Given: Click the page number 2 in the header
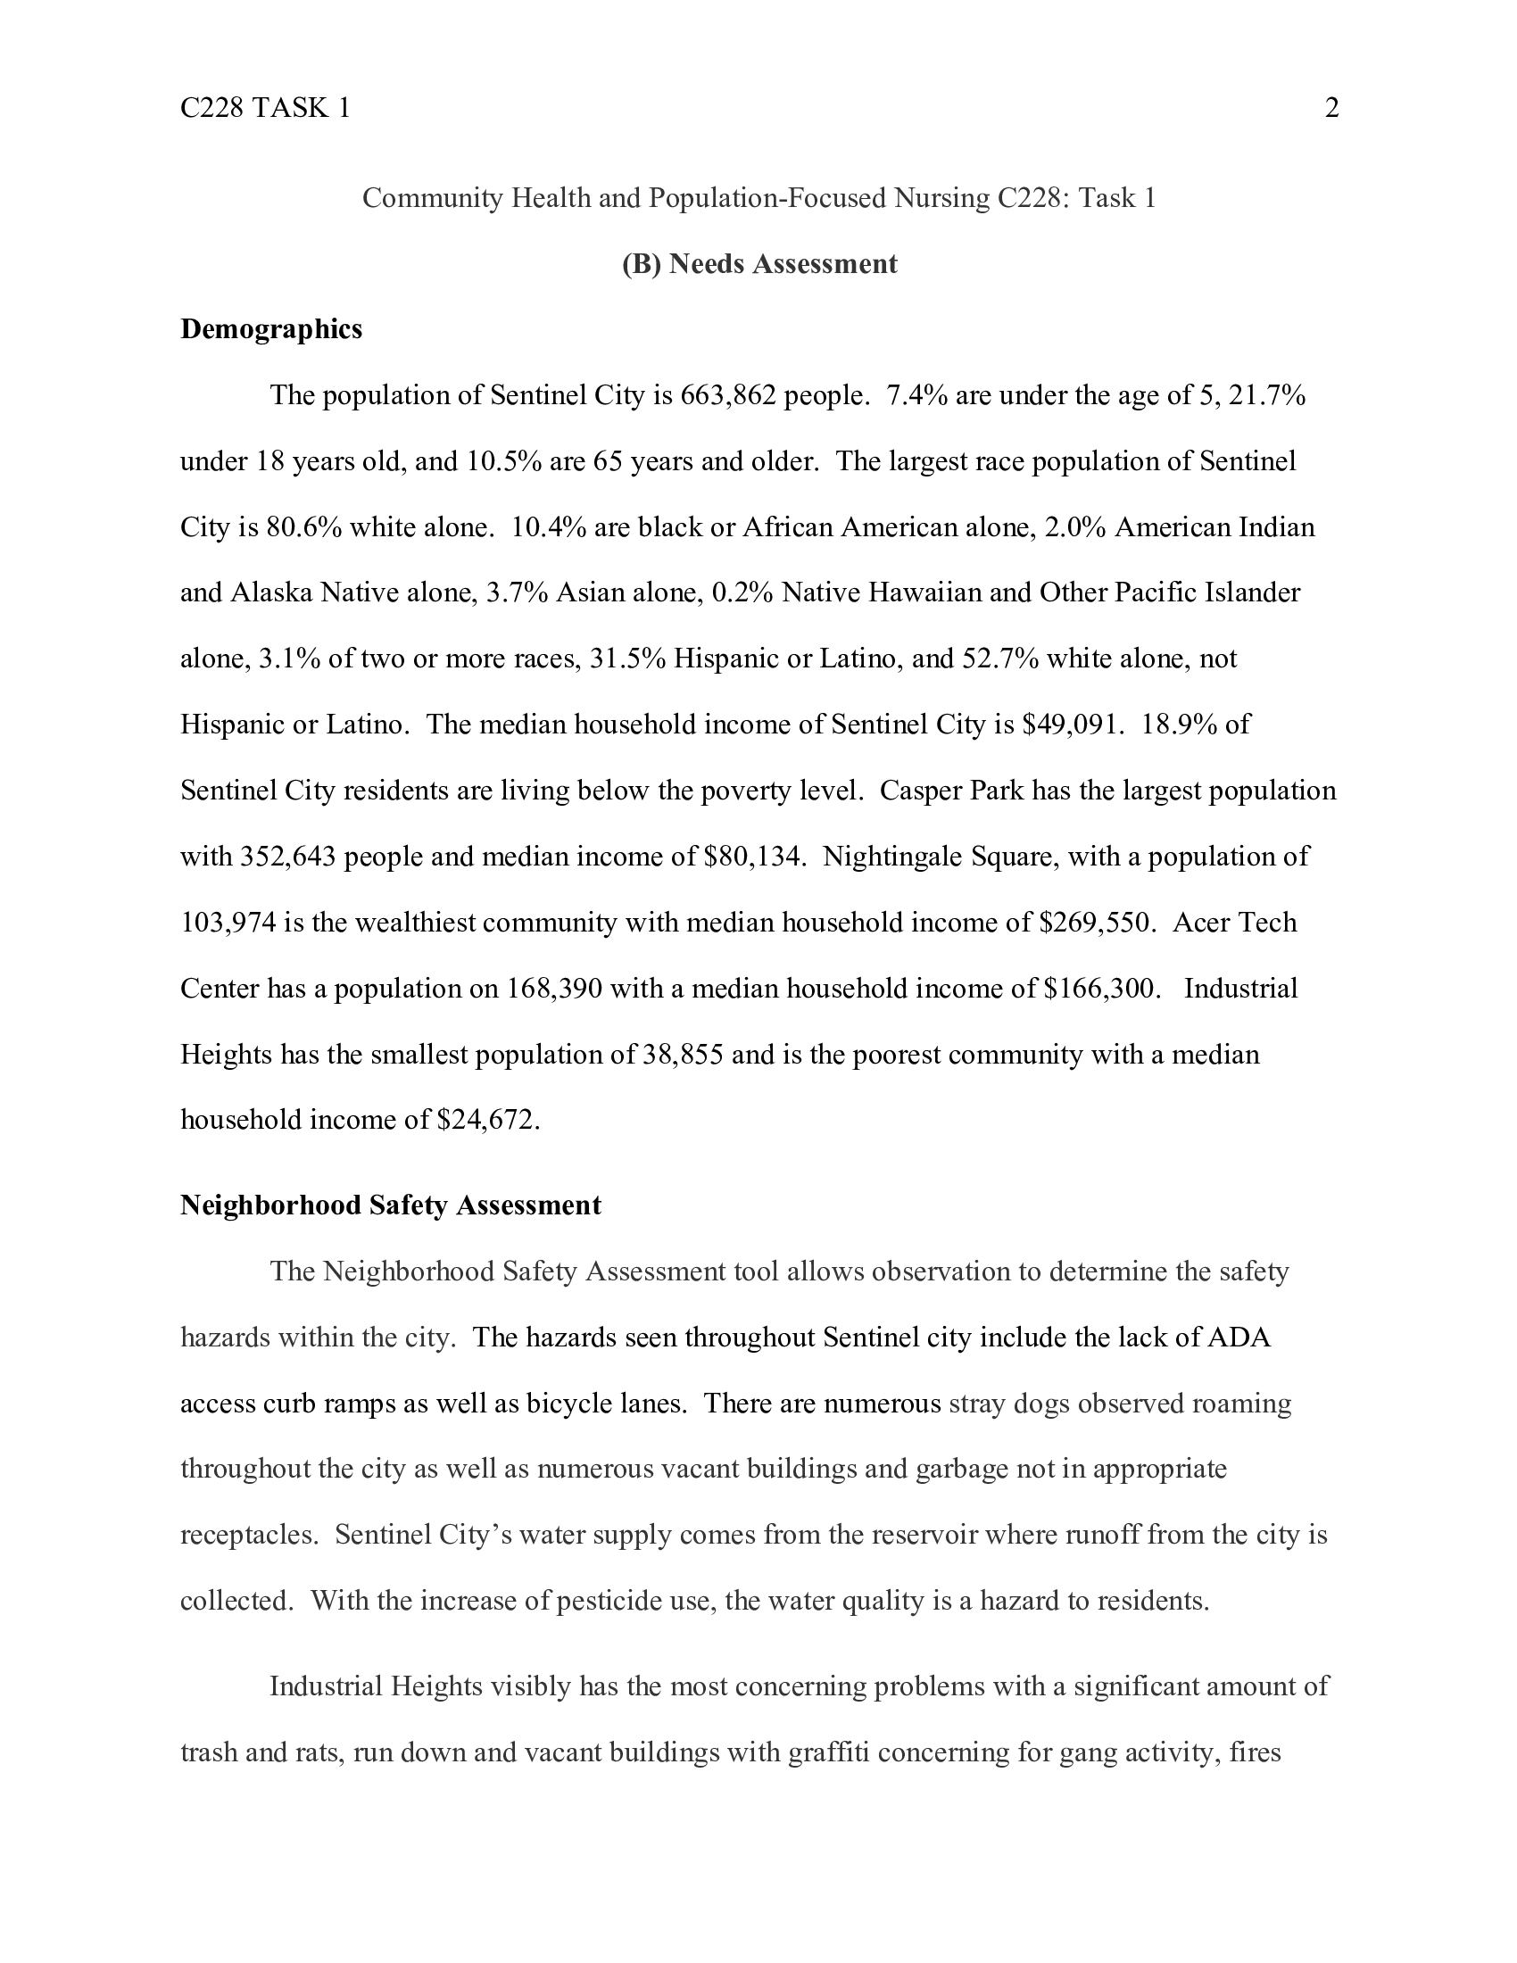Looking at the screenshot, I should click(x=1332, y=108).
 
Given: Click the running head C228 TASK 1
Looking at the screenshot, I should click(x=265, y=108).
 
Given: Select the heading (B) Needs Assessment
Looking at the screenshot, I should click(x=759, y=263).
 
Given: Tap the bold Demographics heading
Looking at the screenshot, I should click(x=271, y=329).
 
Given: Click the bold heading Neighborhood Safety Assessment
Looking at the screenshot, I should click(x=390, y=1205).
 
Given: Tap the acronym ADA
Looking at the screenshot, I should click(x=1239, y=1338).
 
